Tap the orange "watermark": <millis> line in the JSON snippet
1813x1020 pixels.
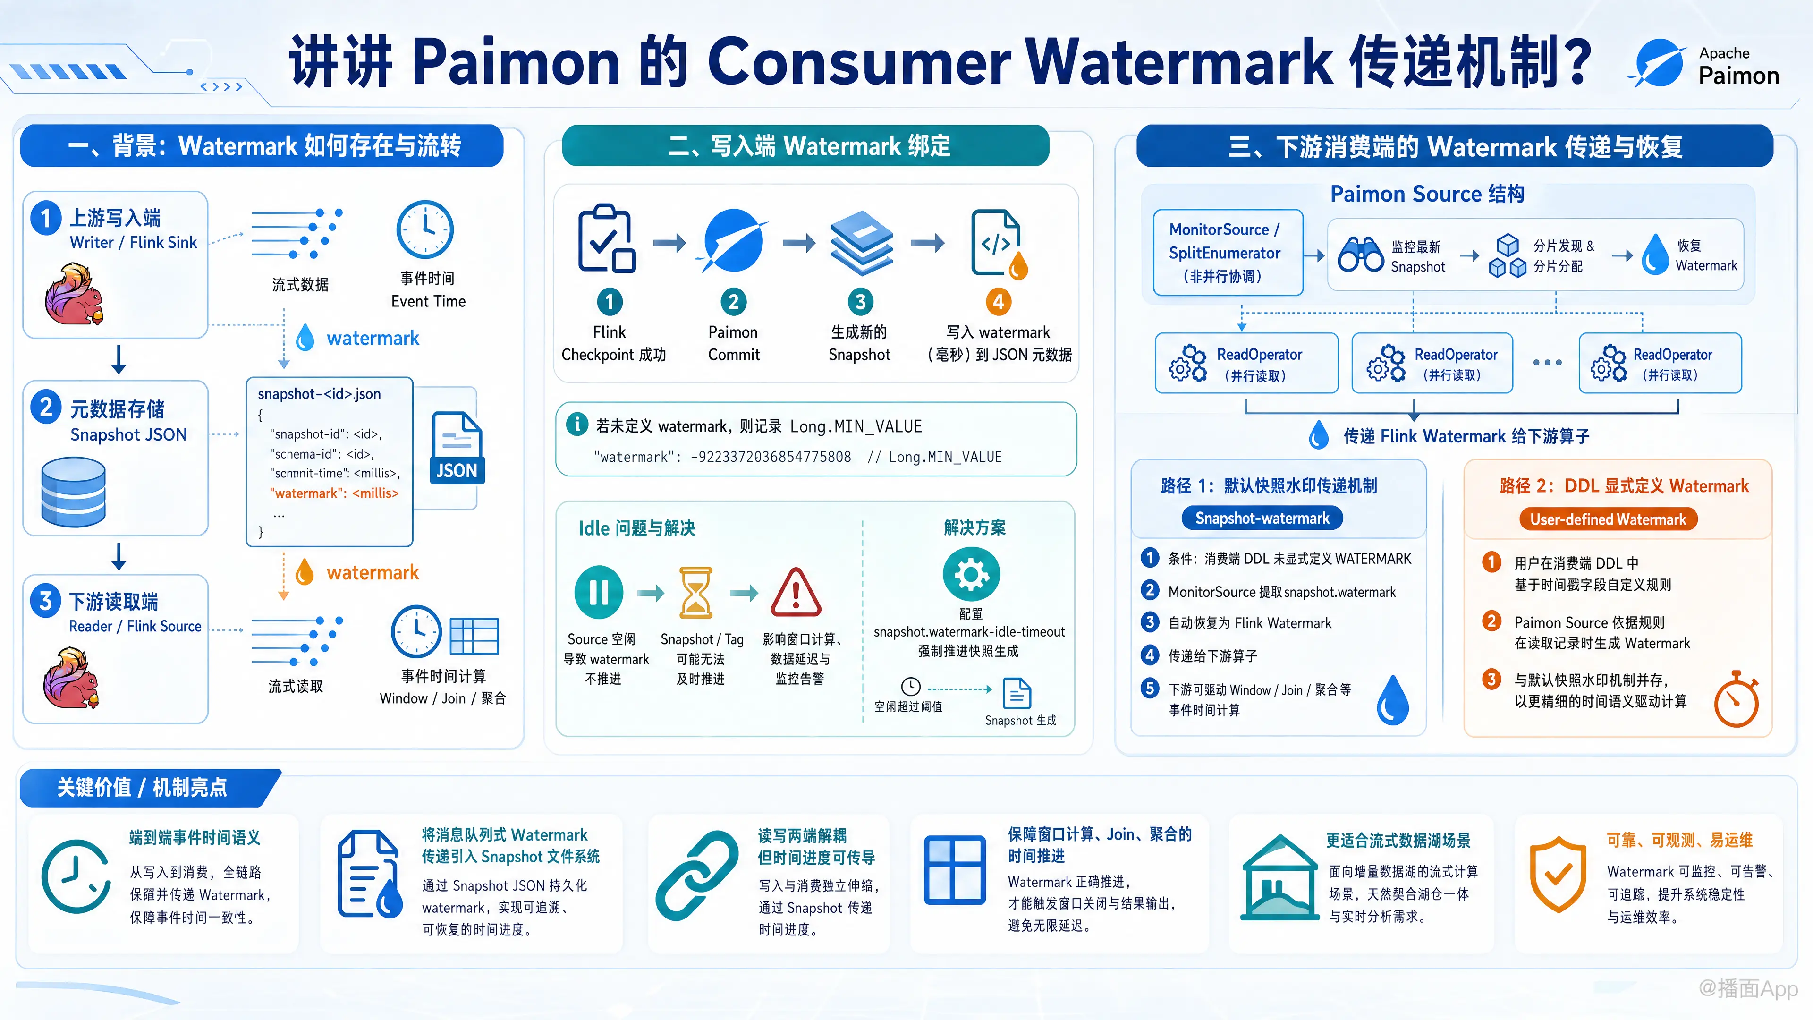point(334,493)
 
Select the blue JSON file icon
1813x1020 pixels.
point(457,448)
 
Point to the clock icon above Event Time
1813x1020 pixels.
point(425,229)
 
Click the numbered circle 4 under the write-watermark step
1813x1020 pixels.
point(998,302)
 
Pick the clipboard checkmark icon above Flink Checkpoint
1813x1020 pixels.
point(606,238)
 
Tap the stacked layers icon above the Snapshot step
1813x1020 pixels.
point(862,243)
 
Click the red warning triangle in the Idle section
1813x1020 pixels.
point(796,592)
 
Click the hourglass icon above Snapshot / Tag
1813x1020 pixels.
point(696,593)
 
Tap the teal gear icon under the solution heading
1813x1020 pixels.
point(971,574)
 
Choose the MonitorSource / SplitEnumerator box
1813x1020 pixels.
point(1228,253)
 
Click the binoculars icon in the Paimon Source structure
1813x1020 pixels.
point(1360,255)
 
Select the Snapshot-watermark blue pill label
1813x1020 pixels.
point(1262,518)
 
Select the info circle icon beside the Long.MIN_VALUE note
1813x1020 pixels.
point(577,425)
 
